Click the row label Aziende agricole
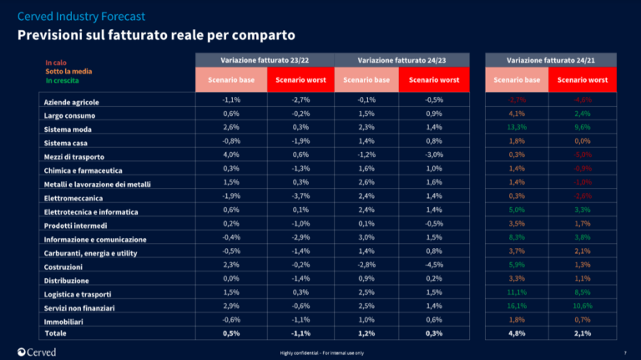tap(72, 102)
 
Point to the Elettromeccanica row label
tap(73, 198)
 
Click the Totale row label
tap(54, 333)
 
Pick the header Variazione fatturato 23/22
tap(264, 60)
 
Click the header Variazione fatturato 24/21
tap(550, 60)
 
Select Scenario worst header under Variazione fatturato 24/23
tap(432, 80)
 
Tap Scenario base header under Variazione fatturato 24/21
tap(517, 80)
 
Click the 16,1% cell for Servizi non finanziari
tap(517, 307)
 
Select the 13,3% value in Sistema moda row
tap(517, 127)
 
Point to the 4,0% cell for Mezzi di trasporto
tap(232, 155)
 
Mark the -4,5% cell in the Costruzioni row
tap(432, 265)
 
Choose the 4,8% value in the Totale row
tap(517, 333)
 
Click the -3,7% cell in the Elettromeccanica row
tap(297, 196)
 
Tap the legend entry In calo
tap(56, 63)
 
